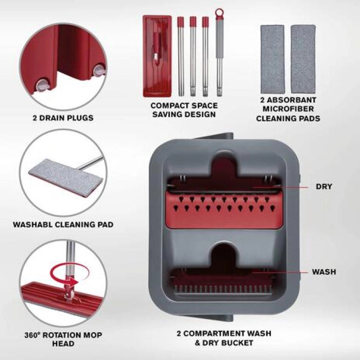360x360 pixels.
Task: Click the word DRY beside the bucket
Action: (324, 187)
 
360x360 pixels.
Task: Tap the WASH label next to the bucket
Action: (323, 272)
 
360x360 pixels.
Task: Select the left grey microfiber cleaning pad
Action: (272, 59)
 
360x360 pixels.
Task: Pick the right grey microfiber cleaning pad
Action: (303, 59)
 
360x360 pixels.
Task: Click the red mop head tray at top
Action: (157, 56)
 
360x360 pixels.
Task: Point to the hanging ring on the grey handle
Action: (219, 12)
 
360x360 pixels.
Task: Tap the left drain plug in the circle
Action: (42, 85)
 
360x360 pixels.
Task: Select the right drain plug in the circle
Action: (99, 70)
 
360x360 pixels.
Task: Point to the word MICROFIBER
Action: (288, 109)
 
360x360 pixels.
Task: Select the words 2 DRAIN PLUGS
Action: (63, 118)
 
